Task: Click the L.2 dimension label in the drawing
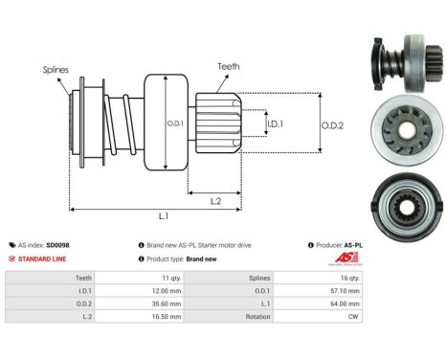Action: point(215,200)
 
